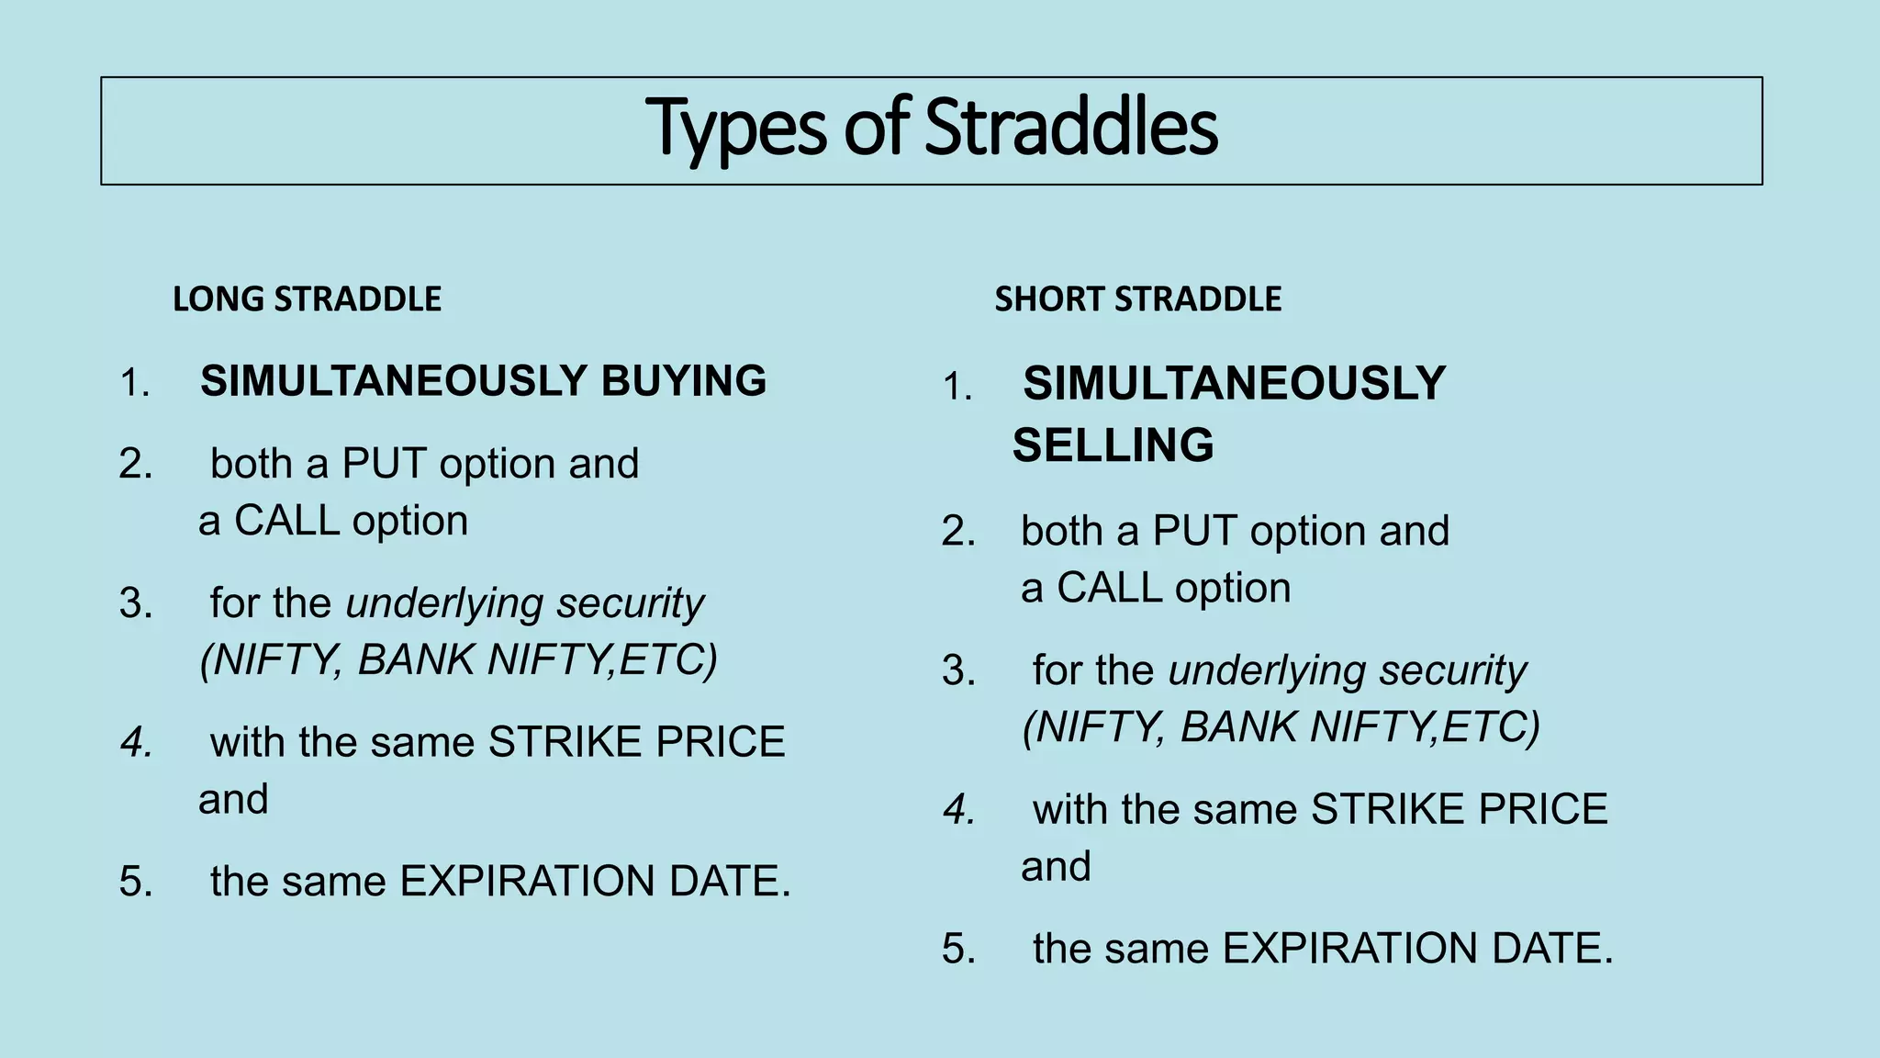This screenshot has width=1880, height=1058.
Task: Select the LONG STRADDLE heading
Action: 307,299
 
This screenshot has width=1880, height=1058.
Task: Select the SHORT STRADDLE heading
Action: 1137,299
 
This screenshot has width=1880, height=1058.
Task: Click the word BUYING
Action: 683,381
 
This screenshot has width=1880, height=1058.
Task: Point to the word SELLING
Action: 1113,445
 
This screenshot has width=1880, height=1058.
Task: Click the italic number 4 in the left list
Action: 136,742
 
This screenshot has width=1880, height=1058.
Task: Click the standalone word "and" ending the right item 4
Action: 1056,867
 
